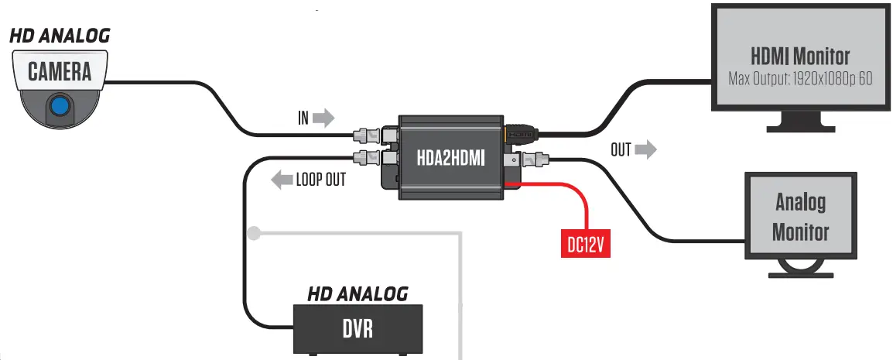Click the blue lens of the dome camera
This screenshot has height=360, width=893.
[x=59, y=104]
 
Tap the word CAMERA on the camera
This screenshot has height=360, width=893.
[x=60, y=72]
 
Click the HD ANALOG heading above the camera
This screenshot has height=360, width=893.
[x=60, y=36]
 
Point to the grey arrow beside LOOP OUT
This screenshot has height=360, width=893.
[x=281, y=180]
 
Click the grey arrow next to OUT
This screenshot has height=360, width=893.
[x=645, y=149]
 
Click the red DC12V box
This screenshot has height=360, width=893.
[x=585, y=244]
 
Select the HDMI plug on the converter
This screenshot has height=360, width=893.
[x=519, y=133]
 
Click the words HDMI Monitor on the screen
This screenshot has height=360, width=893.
[x=799, y=57]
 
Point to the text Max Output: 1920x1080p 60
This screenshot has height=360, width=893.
[x=799, y=78]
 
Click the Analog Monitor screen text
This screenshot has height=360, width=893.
[x=800, y=217]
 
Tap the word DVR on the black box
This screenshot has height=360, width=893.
[x=358, y=329]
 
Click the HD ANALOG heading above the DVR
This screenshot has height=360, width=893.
[x=358, y=294]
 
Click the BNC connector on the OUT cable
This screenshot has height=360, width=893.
[x=535, y=161]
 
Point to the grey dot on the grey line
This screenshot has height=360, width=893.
[x=253, y=231]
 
